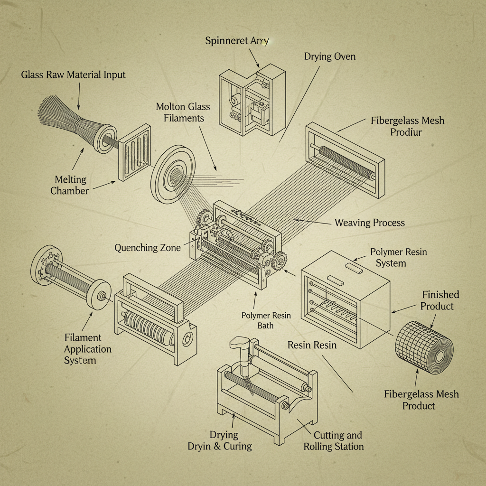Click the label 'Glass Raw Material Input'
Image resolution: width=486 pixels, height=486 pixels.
pos(73,75)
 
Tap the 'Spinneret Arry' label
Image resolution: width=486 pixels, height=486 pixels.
pos(237,41)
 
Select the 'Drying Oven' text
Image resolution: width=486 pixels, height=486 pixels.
pos(329,56)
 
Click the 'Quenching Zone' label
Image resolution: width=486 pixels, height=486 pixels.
pos(148,248)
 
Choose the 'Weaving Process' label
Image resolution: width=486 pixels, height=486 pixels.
pos(369,222)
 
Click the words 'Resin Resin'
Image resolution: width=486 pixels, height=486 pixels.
pos(312,345)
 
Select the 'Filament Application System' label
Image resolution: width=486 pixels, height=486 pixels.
pos(87,349)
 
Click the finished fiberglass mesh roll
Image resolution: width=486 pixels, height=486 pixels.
pos(424,349)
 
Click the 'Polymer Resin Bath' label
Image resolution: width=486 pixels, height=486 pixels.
pos(265,320)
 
